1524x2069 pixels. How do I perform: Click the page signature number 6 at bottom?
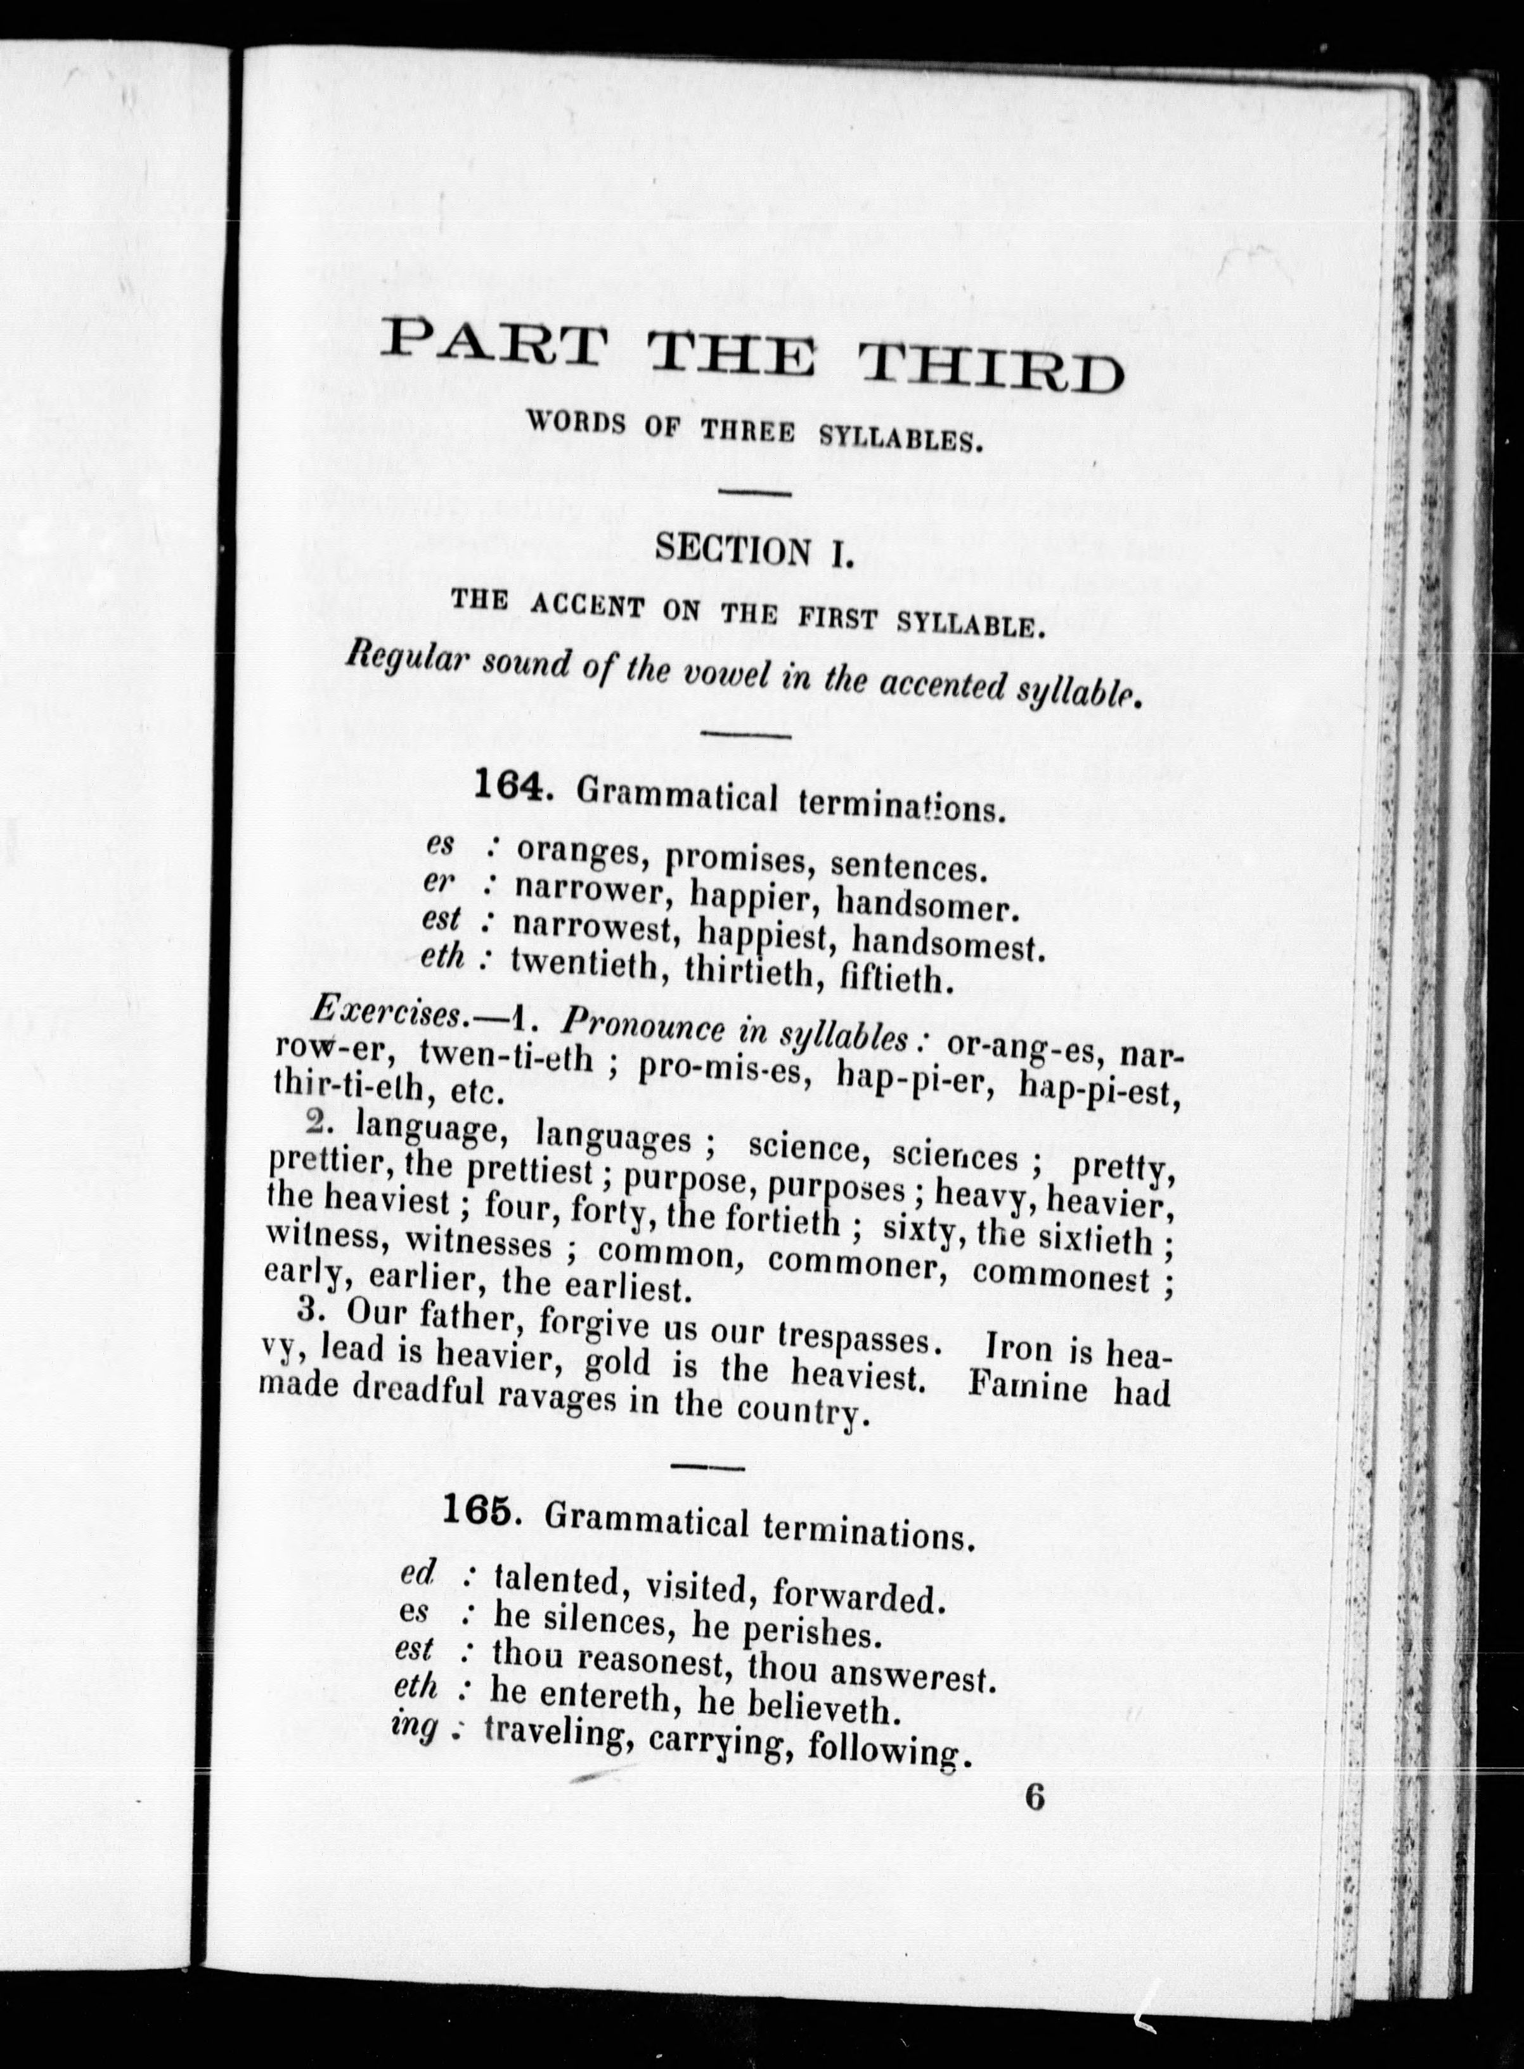point(1034,1798)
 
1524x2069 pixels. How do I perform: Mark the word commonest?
point(1061,1277)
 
